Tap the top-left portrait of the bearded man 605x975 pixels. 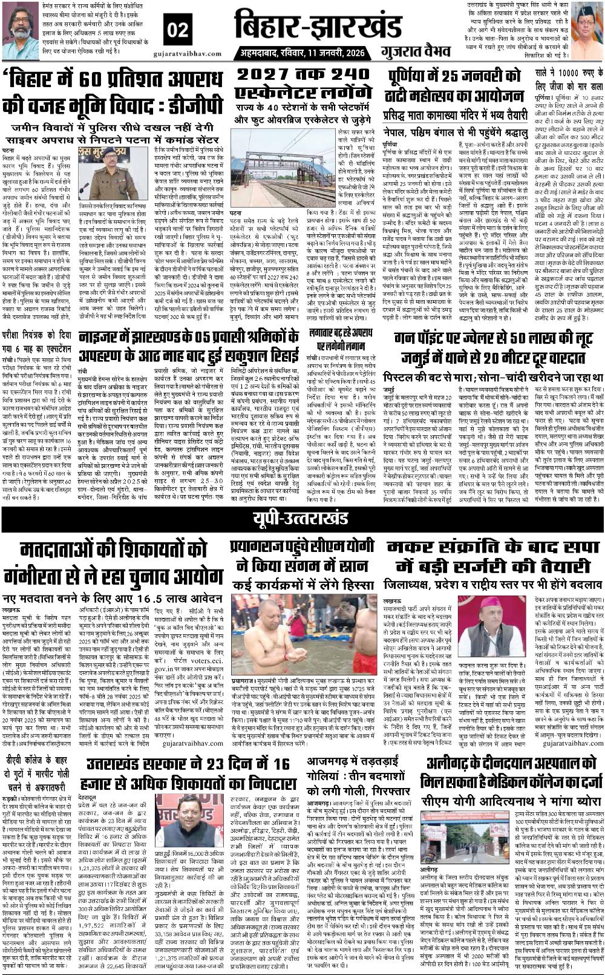coord(21,30)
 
